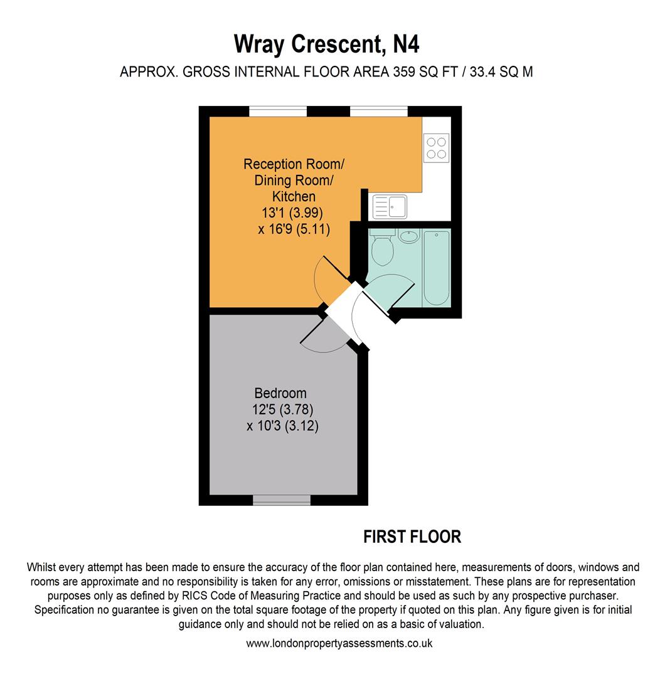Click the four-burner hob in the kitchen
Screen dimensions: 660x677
point(436,148)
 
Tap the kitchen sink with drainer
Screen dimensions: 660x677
point(390,206)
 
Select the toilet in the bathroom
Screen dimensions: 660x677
point(381,248)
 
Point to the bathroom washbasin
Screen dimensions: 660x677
point(408,236)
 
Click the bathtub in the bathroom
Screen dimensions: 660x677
point(436,268)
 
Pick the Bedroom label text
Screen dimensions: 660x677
point(280,393)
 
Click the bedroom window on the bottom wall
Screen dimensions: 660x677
point(281,500)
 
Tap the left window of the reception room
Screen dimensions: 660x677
point(278,111)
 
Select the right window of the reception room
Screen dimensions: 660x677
point(379,111)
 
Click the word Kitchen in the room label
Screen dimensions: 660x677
point(294,196)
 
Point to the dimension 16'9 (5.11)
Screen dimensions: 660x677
point(294,229)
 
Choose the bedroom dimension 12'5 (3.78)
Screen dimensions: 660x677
point(283,409)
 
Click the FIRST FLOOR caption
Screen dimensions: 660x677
point(412,537)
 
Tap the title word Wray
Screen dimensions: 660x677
point(259,44)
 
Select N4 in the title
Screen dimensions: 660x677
point(406,44)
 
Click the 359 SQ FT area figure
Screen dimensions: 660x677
point(425,71)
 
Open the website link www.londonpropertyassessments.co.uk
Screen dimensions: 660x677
point(339,643)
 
